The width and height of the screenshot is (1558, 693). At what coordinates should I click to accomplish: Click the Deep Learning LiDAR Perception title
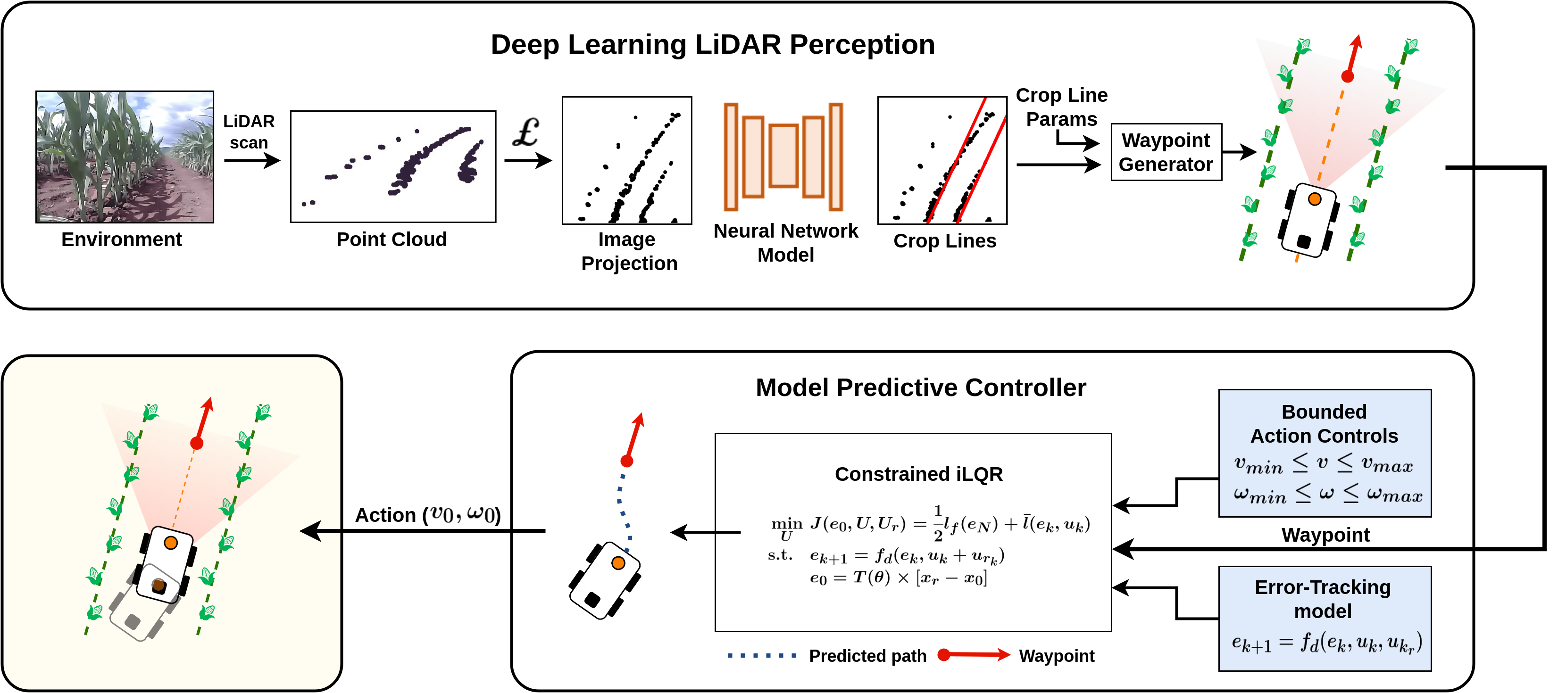click(712, 45)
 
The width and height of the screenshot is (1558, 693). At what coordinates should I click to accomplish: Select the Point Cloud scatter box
click(393, 166)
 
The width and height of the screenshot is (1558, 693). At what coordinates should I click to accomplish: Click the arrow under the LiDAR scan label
click(251, 160)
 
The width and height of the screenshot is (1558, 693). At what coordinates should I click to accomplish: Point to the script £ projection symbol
click(525, 132)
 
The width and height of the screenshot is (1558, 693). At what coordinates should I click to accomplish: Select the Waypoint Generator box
click(1166, 152)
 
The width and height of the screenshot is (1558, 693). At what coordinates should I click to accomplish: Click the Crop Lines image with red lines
click(942, 160)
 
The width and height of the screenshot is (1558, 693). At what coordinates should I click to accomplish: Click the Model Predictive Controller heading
click(921, 388)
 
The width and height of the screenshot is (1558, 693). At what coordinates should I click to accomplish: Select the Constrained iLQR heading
click(919, 474)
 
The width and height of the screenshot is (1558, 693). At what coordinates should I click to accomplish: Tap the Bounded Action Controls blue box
click(1325, 453)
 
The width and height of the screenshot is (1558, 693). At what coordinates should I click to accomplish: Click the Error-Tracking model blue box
click(1325, 618)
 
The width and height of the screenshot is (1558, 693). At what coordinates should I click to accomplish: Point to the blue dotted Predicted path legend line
click(762, 655)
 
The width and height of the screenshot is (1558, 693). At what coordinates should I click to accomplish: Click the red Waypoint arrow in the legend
click(974, 655)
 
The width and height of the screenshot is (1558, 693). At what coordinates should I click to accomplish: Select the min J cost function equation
click(930, 524)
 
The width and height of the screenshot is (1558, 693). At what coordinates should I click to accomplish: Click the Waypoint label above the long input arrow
click(1325, 535)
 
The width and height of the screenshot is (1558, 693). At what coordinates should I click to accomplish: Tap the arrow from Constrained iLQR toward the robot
click(705, 532)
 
